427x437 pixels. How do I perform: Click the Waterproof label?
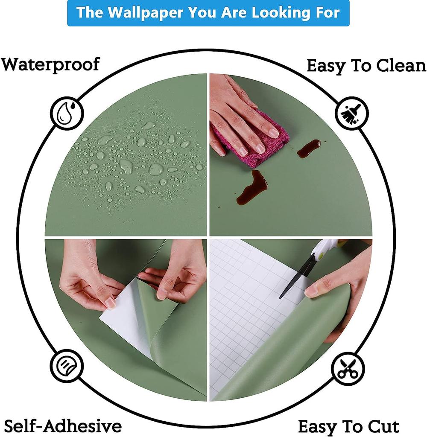coord(50,64)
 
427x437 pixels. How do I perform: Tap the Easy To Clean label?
coord(366,66)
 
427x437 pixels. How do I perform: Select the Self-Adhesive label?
coord(63,425)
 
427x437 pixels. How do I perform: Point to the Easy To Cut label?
coord(348,426)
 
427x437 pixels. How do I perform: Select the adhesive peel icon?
coord(67,365)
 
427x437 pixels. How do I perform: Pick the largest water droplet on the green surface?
coord(156,169)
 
